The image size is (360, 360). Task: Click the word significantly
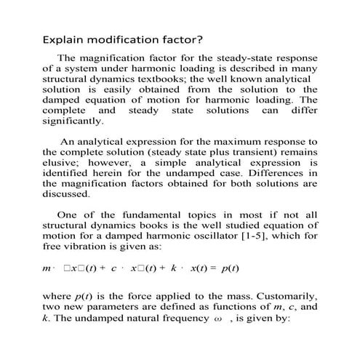click(73, 121)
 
